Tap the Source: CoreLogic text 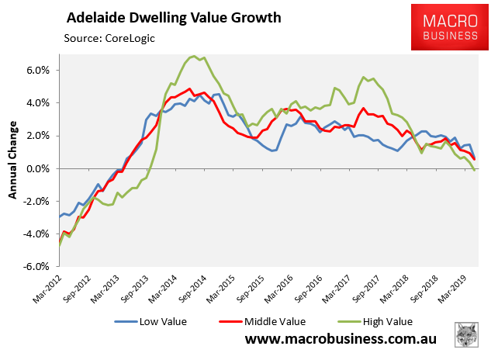pyautogui.click(x=113, y=36)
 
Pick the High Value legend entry pyautogui.click(x=377, y=320)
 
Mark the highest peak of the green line pyautogui.click(x=194, y=56)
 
